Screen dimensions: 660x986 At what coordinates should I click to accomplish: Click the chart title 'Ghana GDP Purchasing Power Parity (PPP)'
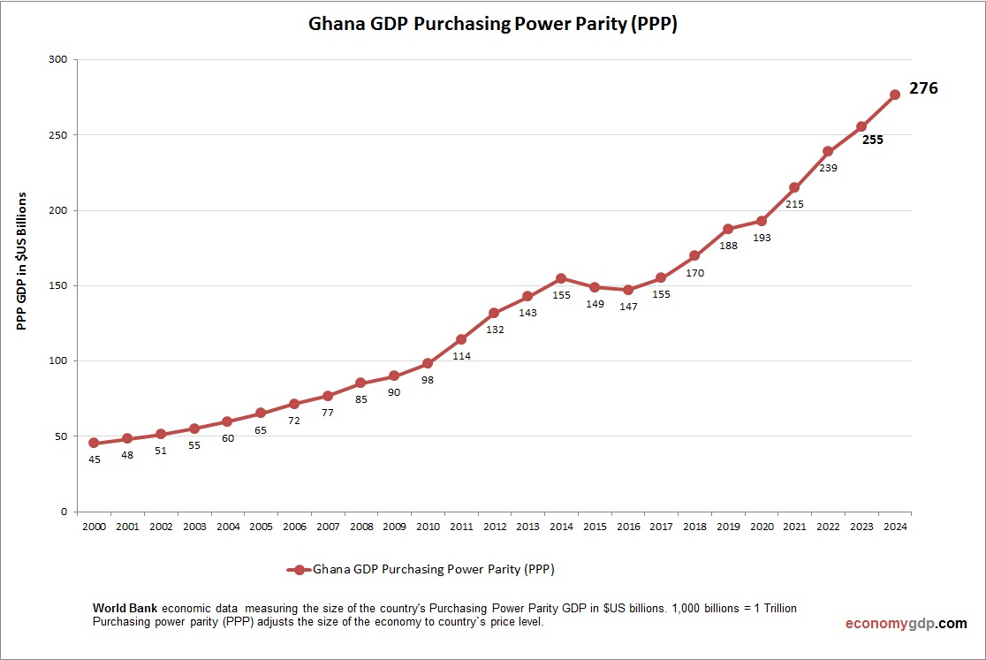coord(492,24)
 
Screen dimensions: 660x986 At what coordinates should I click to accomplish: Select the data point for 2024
coord(894,95)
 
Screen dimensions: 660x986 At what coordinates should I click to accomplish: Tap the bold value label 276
coord(923,88)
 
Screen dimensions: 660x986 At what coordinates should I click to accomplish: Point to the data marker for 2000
coord(94,444)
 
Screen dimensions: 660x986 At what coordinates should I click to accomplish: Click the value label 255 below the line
coord(873,140)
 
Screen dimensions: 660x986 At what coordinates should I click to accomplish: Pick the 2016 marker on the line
coord(628,290)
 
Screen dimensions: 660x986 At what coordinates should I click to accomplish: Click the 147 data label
coord(628,307)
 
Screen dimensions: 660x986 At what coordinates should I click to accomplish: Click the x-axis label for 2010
coord(428,527)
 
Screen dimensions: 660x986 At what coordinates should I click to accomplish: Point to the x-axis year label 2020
coord(762,527)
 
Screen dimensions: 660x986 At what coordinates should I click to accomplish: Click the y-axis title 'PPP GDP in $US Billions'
coord(23,262)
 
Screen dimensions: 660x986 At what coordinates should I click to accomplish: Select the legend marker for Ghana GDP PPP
coord(300,570)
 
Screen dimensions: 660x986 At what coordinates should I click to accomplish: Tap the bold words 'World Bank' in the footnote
coord(125,609)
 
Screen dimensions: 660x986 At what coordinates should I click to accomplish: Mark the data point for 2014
coord(561,278)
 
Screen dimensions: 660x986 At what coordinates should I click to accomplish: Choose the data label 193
coord(762,238)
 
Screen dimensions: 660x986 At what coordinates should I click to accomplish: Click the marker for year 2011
coord(461,339)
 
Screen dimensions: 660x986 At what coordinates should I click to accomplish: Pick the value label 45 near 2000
coord(94,459)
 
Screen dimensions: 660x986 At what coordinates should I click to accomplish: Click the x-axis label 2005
coord(261,527)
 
